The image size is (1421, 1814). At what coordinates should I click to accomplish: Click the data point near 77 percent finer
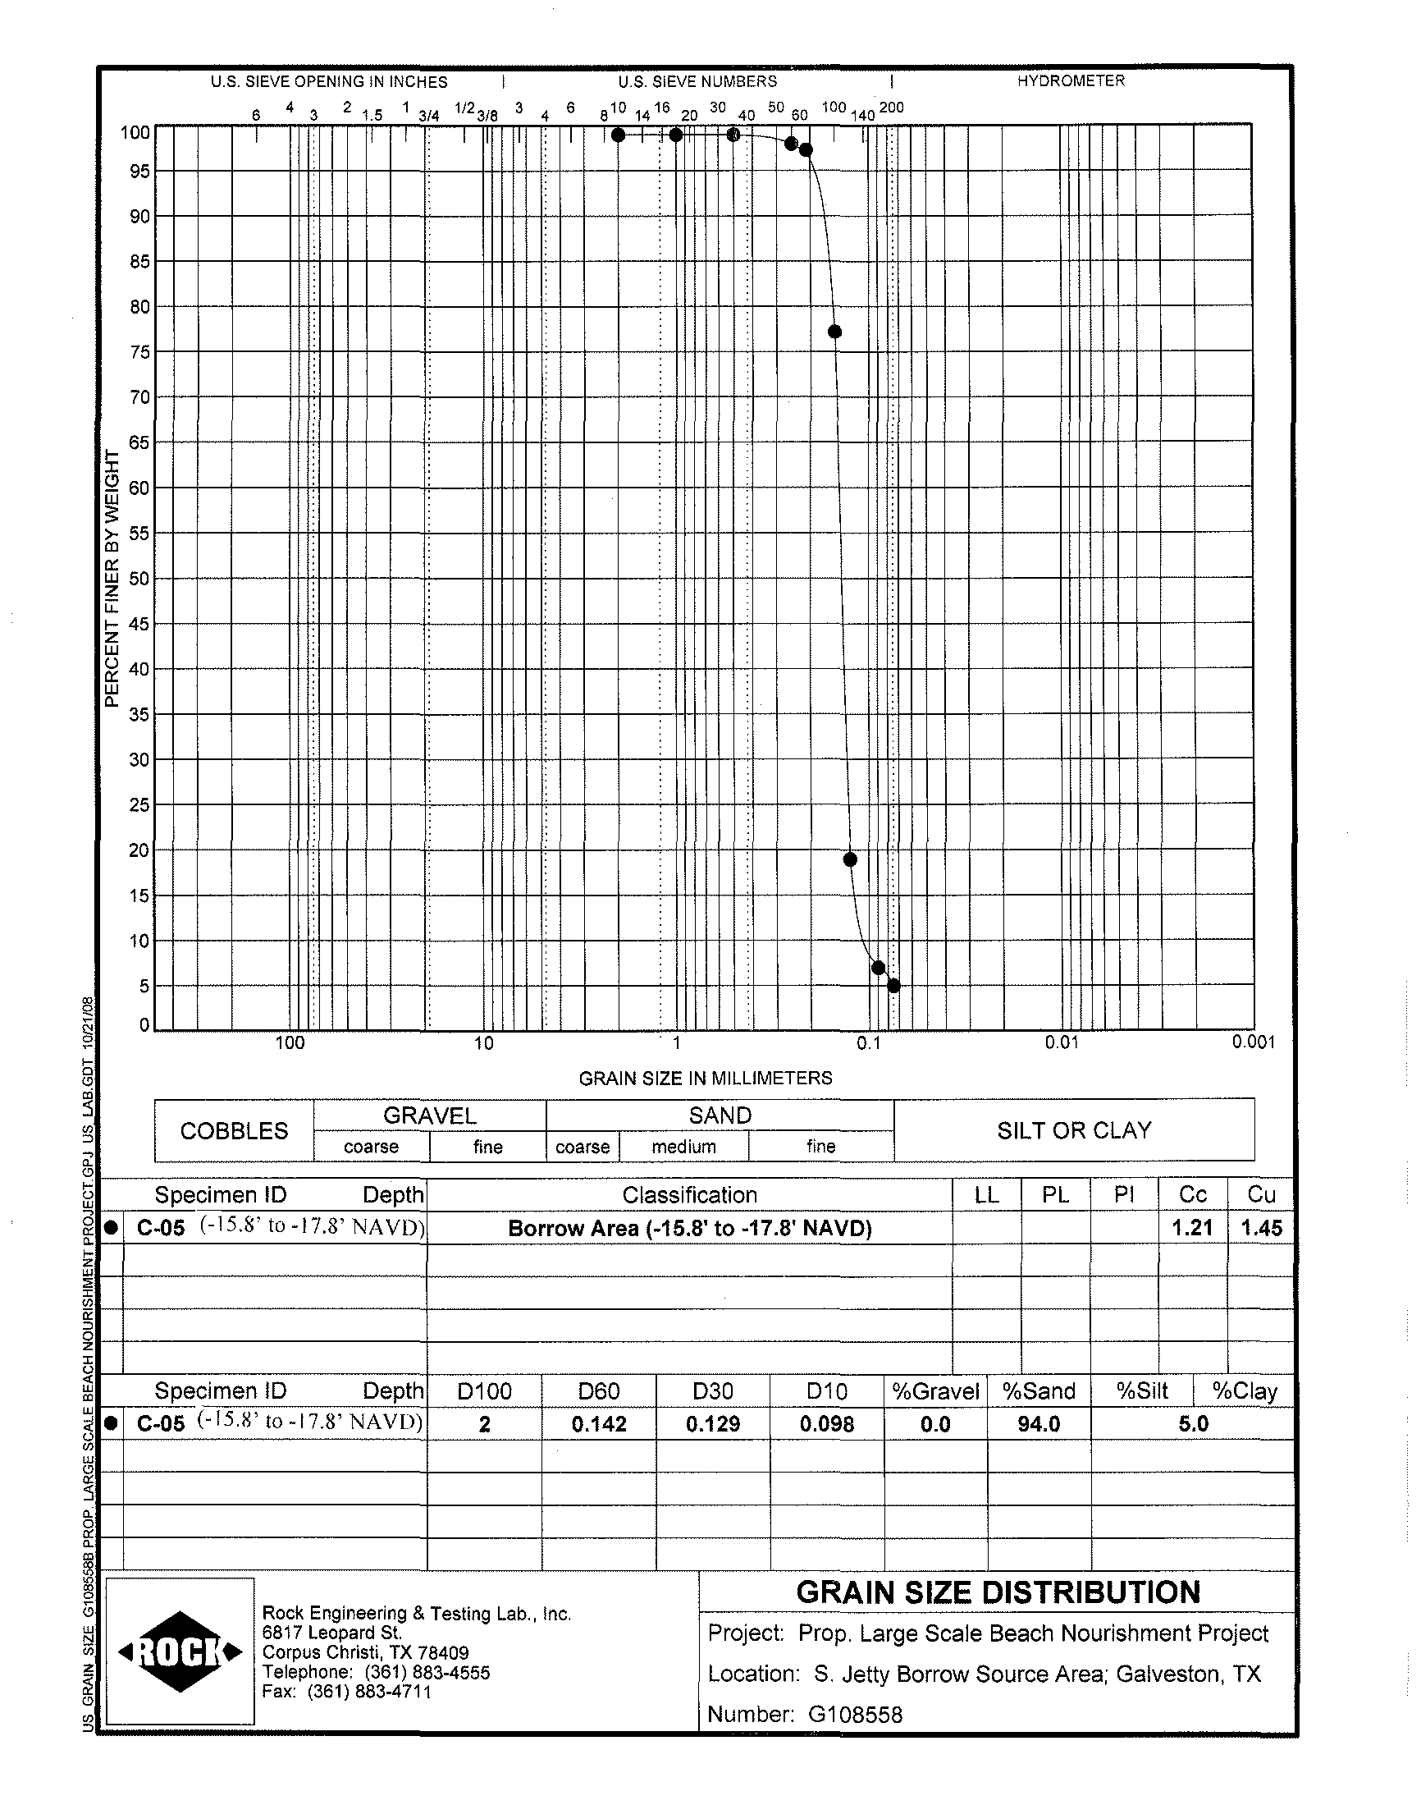tap(835, 332)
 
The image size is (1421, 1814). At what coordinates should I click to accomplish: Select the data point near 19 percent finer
tap(850, 859)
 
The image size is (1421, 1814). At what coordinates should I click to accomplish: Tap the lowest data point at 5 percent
tap(894, 986)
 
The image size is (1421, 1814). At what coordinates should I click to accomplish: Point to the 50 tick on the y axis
tap(139, 579)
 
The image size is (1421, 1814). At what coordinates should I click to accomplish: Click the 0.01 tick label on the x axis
tap(1062, 1042)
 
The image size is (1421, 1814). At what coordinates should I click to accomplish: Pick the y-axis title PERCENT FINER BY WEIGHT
tap(112, 579)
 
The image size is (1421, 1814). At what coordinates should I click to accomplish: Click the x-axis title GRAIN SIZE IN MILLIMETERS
tap(706, 1079)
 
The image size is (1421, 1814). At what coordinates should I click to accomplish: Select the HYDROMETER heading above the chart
tap(1071, 80)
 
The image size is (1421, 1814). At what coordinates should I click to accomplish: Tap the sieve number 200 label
tap(892, 108)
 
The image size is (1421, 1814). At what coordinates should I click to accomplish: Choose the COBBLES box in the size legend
tap(234, 1131)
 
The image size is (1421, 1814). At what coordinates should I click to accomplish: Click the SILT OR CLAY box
tap(1074, 1130)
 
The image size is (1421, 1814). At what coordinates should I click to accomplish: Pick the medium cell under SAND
tap(684, 1147)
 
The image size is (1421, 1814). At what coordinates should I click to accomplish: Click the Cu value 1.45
tap(1261, 1227)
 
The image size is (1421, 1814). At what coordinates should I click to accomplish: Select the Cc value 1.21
tap(1192, 1227)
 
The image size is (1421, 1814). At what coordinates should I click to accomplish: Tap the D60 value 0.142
tap(599, 1424)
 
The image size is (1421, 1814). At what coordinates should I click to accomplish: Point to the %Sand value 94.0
tap(1039, 1424)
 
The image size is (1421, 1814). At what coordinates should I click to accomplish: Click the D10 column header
tap(827, 1391)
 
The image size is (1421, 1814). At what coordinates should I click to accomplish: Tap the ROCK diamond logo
tap(180, 1651)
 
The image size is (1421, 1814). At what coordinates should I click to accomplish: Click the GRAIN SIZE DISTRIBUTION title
tap(998, 1592)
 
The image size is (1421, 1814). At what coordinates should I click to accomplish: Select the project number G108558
tap(854, 1714)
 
